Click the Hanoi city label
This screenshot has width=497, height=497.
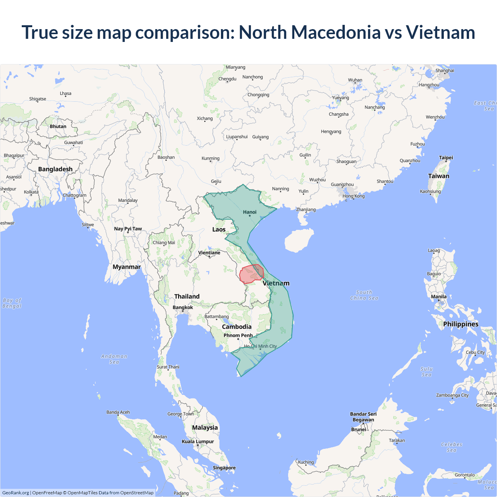[250, 212]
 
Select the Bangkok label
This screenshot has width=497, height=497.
[182, 308]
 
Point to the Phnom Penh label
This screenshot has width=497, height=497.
[238, 335]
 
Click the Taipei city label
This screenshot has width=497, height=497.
[446, 158]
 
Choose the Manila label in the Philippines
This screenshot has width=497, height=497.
[439, 297]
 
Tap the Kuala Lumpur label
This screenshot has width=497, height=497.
[198, 441]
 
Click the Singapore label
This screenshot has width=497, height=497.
[224, 468]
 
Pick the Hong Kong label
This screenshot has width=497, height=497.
[353, 196]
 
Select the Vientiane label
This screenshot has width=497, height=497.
[209, 253]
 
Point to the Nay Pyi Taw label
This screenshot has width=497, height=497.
[128, 229]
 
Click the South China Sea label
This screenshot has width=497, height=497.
[364, 295]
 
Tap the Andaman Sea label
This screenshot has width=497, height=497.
[114, 359]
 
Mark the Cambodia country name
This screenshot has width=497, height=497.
[236, 327]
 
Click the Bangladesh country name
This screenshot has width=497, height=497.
[55, 169]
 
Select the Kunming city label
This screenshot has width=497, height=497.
[210, 158]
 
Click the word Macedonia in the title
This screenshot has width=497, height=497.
[336, 32]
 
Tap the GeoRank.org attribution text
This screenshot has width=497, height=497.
[16, 493]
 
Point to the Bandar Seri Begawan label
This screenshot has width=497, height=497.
[363, 417]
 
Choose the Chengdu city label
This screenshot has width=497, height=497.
[227, 79]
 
